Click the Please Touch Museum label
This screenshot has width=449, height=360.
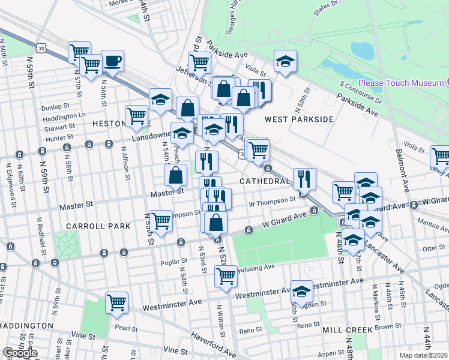click(x=401, y=83)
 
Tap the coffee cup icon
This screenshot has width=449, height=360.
click(x=112, y=61)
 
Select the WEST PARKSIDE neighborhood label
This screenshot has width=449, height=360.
click(x=299, y=119)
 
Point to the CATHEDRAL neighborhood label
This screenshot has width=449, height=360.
click(x=265, y=181)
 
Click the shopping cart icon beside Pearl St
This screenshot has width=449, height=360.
click(x=117, y=302)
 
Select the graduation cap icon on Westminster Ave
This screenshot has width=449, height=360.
click(x=301, y=291)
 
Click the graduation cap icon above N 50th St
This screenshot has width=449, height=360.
click(x=286, y=61)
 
